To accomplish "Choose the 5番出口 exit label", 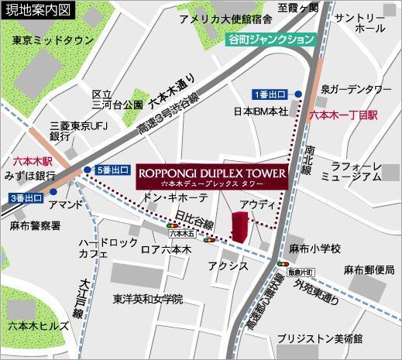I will tap(114, 170).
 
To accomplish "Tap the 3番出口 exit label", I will tap(26, 197).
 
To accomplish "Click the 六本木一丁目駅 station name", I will tap(342, 114).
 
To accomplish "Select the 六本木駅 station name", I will tap(32, 163).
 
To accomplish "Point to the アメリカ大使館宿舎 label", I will tap(225, 19).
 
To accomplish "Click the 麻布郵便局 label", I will tap(369, 269).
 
